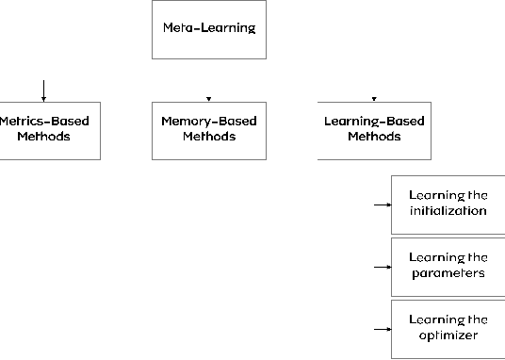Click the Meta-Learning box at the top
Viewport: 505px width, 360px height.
208,29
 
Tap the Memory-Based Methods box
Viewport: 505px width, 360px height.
208,129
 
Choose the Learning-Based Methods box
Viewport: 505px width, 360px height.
374,129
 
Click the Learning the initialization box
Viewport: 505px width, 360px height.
448,204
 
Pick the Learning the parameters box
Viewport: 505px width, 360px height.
448,266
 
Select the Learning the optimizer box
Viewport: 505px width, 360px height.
448,328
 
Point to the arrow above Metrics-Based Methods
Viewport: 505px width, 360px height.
43,90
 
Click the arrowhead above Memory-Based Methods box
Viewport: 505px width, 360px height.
208,98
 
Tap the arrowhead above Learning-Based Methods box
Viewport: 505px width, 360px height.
374,98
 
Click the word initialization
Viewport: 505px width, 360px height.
448,211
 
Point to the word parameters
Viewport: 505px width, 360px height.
448,273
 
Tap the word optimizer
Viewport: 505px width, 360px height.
448,335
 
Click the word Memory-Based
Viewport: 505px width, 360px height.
208,122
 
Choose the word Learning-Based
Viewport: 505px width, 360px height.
374,122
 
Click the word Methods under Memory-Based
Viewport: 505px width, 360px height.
208,137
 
